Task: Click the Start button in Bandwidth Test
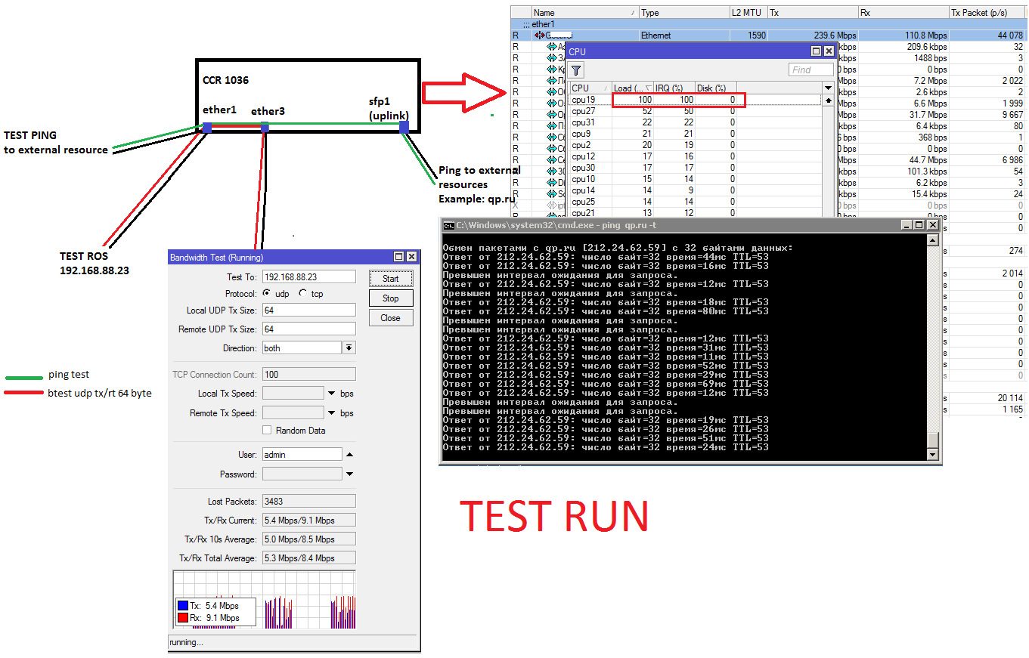[x=391, y=278]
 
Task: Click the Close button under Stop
[x=391, y=317]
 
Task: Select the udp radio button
[x=267, y=294]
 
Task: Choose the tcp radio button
[x=303, y=294]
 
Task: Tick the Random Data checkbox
[x=267, y=430]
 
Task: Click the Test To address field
[x=308, y=277]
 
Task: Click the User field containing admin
[x=302, y=454]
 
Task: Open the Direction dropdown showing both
[x=349, y=348]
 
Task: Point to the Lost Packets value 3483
[x=308, y=501]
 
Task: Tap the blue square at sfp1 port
[x=404, y=127]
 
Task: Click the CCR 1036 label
[x=225, y=80]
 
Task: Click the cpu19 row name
[x=583, y=100]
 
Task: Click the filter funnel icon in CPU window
[x=576, y=70]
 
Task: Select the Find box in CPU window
[x=810, y=70]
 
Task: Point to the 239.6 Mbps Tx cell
[x=812, y=36]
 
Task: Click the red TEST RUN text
[x=554, y=516]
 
